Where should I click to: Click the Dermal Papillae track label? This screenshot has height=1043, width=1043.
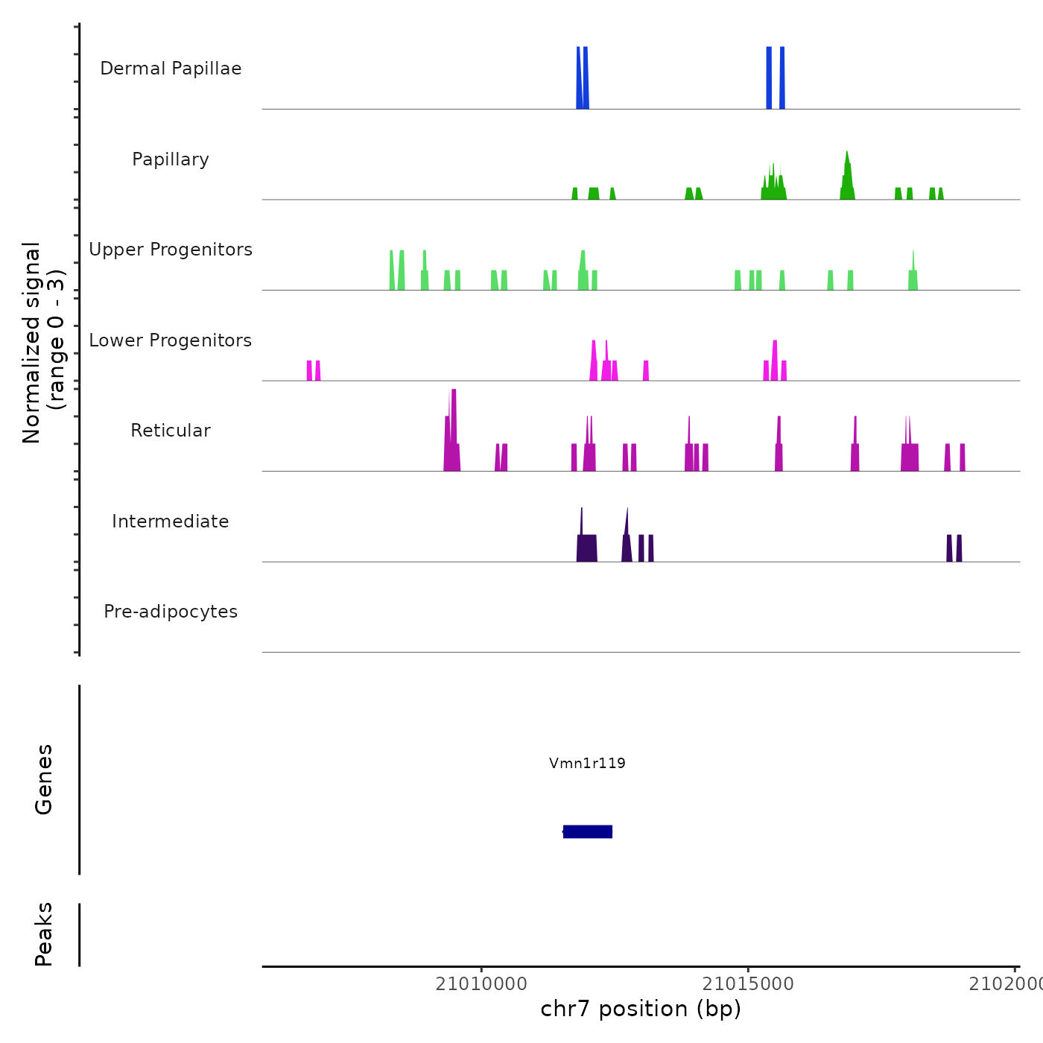point(171,69)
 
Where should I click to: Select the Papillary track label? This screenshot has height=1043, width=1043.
point(171,159)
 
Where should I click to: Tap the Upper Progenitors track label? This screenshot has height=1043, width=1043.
point(171,250)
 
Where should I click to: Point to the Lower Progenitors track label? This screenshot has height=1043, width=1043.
point(171,340)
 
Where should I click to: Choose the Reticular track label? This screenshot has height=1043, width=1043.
point(171,431)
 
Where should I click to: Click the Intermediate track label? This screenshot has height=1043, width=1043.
point(171,521)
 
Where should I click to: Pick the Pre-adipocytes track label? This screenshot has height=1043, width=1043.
point(171,612)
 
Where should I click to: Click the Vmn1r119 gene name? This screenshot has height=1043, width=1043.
point(587,763)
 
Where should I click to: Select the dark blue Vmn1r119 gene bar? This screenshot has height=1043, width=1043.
point(588,831)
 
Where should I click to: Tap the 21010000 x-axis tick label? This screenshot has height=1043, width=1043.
point(481,984)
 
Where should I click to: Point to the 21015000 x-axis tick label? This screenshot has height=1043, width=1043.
point(748,984)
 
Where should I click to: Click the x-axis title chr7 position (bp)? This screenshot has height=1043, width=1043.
point(641,1009)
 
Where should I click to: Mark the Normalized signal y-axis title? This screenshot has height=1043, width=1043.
point(43,342)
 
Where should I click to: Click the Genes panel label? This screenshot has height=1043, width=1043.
point(44,779)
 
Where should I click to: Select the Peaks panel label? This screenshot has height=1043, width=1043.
point(44,934)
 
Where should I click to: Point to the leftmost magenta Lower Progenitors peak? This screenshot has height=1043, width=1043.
point(309,370)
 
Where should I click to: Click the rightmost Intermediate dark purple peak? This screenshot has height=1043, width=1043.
point(959,548)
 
